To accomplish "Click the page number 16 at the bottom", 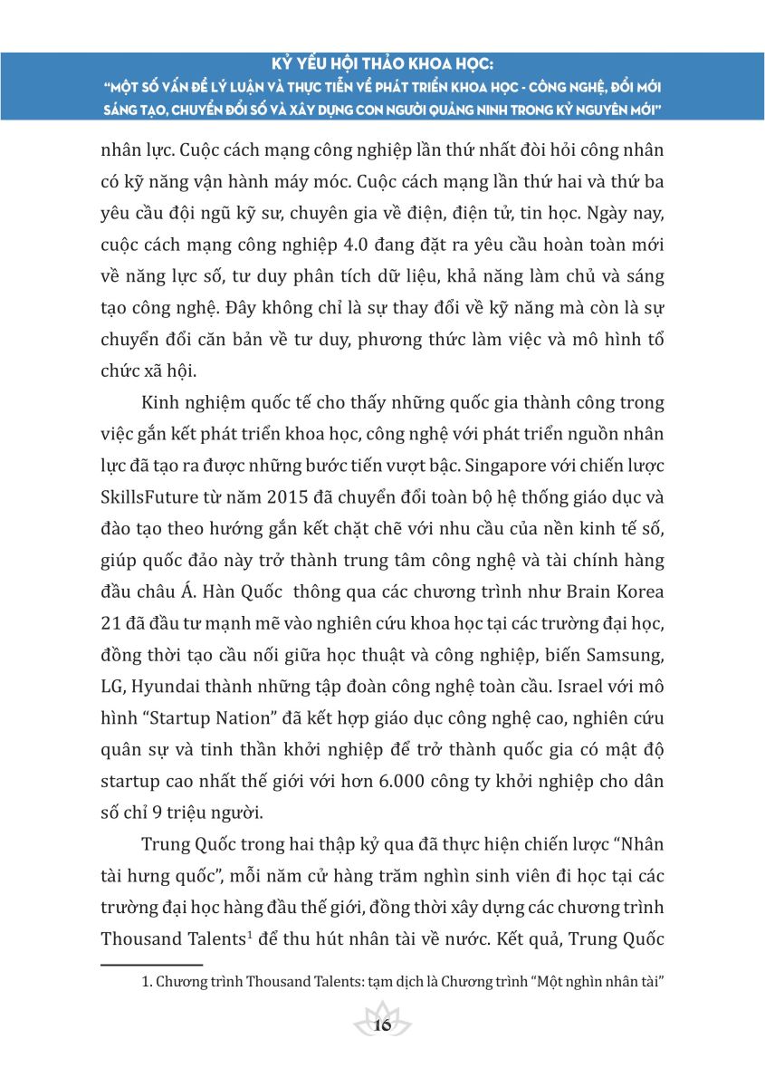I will click(x=382, y=1024).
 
